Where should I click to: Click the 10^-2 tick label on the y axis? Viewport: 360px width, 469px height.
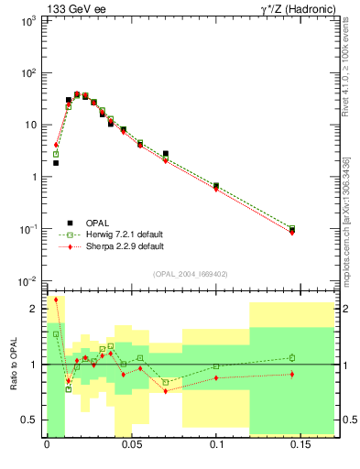coord(27,280)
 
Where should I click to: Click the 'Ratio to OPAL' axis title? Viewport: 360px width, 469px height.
coord(14,365)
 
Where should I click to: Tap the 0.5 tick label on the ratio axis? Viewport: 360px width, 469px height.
coord(31,420)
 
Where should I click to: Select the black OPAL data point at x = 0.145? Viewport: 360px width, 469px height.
coord(292,229)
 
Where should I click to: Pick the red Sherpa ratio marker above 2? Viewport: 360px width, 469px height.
coord(56,300)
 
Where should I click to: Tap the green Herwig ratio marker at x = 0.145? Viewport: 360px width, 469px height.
coord(292,358)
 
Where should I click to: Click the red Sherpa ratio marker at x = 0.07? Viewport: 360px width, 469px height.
coord(166,391)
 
